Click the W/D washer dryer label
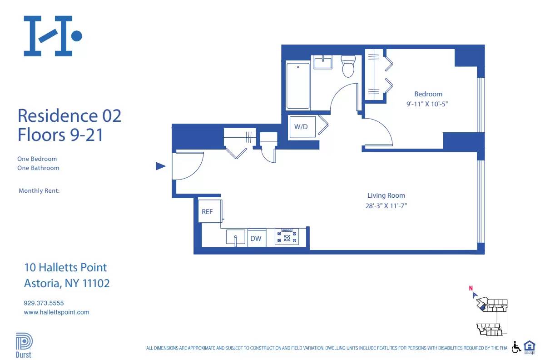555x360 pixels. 301,127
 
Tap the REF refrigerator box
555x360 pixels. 208,211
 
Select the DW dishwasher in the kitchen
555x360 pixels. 256,238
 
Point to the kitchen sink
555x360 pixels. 236,238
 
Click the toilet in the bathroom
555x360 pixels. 348,66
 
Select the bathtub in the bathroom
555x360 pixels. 298,85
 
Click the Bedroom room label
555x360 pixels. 428,94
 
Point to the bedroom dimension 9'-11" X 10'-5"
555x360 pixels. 430,104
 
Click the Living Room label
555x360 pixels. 386,195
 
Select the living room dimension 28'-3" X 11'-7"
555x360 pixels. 386,205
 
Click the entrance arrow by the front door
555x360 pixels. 160,166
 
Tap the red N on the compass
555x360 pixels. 471,288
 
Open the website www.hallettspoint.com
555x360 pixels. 56,312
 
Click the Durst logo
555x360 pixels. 24,345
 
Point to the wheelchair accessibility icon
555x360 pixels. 516,347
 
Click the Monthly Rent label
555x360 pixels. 39,191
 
